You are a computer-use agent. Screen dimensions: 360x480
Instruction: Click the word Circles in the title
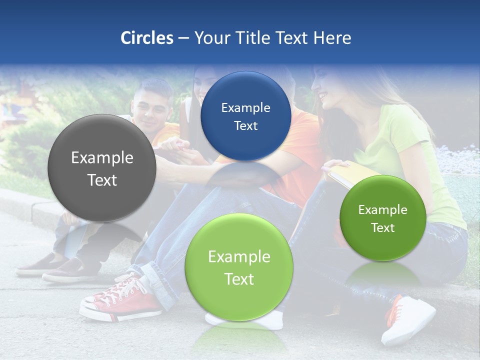pos(146,38)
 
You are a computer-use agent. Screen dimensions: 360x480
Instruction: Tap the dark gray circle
pos(101,168)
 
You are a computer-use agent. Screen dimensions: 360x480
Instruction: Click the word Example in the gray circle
pos(102,158)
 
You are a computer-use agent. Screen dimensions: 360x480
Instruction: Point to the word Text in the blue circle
pos(245,126)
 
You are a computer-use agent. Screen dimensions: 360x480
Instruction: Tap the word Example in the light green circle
pos(239,257)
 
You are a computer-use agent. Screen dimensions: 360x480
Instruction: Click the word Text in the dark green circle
pos(383,228)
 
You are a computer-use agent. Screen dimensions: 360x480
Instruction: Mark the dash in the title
pos(183,38)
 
